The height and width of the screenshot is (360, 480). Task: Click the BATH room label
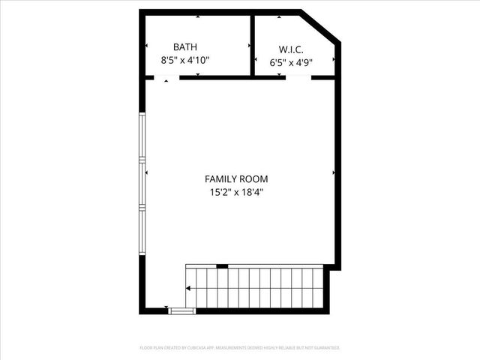(185, 46)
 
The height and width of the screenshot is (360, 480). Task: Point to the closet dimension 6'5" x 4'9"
(291, 64)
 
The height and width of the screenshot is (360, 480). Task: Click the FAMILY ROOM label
(236, 178)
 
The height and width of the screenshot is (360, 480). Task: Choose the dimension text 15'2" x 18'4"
(236, 192)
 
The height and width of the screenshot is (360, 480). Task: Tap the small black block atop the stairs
(222, 265)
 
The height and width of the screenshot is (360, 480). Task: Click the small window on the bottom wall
(181, 310)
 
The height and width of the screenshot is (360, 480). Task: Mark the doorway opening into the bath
(166, 77)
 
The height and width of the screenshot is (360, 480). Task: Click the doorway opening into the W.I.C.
(298, 77)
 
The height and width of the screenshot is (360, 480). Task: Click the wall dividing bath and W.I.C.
(253, 45)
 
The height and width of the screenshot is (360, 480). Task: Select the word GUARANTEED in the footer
(327, 348)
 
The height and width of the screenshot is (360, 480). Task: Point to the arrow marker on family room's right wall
(333, 172)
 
